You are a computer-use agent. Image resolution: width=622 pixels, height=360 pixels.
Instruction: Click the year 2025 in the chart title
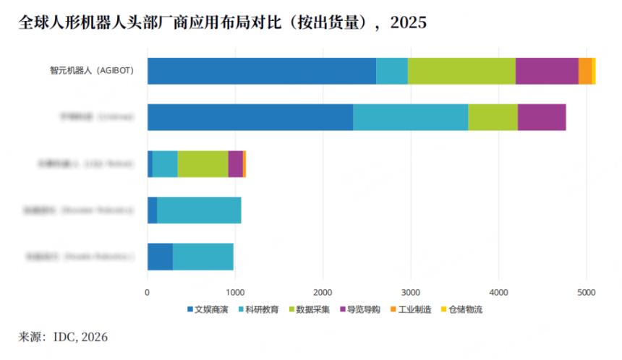click(409, 22)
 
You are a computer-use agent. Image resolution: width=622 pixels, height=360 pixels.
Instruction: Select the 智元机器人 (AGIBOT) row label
click(91, 71)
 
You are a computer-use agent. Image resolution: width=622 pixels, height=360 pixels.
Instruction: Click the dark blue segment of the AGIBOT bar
click(261, 71)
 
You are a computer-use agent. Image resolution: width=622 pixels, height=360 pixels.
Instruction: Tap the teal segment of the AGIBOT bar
click(391, 71)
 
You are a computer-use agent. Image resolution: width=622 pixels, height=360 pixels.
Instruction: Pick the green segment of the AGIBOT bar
click(461, 71)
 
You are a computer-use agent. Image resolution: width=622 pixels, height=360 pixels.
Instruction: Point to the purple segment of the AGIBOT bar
click(547, 71)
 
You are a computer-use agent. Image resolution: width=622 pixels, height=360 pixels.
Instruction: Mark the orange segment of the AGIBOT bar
click(585, 71)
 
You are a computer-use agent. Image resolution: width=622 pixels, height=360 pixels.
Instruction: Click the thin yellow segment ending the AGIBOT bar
click(594, 71)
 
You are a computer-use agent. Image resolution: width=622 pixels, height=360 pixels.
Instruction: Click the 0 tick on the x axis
click(148, 293)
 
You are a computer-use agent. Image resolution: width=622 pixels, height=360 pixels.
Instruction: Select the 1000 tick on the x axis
click(235, 293)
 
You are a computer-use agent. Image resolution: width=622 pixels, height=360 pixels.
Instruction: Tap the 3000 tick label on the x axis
click(411, 293)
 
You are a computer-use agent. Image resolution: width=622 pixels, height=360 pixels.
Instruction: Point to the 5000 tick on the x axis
click(586, 293)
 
